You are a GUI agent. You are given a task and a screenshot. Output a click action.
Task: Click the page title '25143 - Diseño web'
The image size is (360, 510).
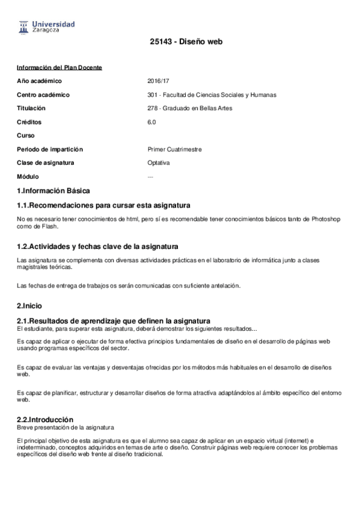(x=180, y=42)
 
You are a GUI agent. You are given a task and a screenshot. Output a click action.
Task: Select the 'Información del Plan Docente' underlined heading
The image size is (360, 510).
(x=59, y=67)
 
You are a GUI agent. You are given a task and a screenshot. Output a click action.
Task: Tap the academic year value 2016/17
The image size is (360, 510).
(x=157, y=81)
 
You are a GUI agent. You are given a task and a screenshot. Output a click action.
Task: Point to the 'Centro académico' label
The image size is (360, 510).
(x=43, y=95)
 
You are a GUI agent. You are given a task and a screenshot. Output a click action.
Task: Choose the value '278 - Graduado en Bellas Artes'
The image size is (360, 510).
(x=189, y=109)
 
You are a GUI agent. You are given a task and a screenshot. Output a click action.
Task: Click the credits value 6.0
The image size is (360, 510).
(x=151, y=122)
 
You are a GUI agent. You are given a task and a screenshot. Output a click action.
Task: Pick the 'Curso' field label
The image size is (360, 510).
(x=26, y=136)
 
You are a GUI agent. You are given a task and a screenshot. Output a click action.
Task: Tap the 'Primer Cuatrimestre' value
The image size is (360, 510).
(x=174, y=150)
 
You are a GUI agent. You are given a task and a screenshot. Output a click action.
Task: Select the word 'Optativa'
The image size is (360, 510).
(x=159, y=163)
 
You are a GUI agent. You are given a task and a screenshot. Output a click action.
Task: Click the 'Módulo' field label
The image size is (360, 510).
(x=28, y=177)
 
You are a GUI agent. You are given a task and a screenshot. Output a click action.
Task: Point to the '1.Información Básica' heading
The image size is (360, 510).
(x=53, y=191)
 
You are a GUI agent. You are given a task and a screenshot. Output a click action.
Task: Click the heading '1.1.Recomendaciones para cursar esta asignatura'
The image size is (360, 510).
(x=103, y=206)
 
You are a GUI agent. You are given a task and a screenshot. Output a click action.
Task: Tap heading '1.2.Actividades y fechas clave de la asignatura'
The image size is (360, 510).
(x=97, y=247)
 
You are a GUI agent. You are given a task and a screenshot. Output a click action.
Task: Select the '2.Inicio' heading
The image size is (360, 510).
(x=29, y=306)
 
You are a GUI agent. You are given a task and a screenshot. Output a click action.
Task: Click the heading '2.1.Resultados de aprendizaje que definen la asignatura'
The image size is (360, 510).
(x=113, y=321)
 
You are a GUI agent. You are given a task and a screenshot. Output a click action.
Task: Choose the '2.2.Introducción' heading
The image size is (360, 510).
(x=45, y=419)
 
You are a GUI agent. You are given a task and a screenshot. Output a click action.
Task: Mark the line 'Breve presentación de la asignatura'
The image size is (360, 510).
(x=66, y=428)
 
